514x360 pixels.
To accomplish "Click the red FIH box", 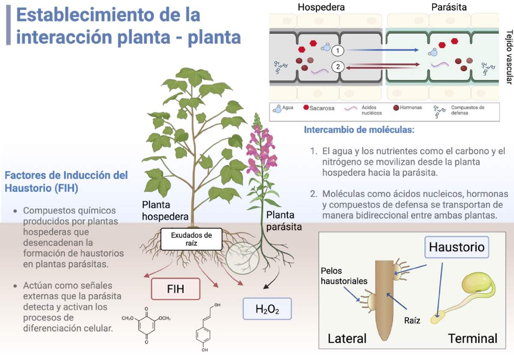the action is [176, 289].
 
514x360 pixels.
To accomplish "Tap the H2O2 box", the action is [267, 309].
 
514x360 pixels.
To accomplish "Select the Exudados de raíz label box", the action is [191, 239].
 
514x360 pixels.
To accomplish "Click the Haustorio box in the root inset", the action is [457, 247].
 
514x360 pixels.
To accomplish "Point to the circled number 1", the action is [338, 51].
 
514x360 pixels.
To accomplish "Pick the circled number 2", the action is [338, 67].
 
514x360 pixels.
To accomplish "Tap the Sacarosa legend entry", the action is [319, 108].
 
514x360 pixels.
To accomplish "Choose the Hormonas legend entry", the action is [407, 107].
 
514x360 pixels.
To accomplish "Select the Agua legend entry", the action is [283, 108].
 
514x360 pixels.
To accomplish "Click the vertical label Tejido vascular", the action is [509, 57].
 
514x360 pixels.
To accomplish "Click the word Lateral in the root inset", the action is [347, 339].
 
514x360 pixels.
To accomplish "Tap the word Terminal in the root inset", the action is [472, 339].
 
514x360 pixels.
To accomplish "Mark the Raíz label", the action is [412, 320].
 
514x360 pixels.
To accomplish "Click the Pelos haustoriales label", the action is [344, 276].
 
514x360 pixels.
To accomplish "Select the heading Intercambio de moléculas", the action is [359, 130].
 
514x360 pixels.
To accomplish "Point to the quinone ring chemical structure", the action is [146, 325].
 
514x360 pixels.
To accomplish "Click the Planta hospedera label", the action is [165, 211].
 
